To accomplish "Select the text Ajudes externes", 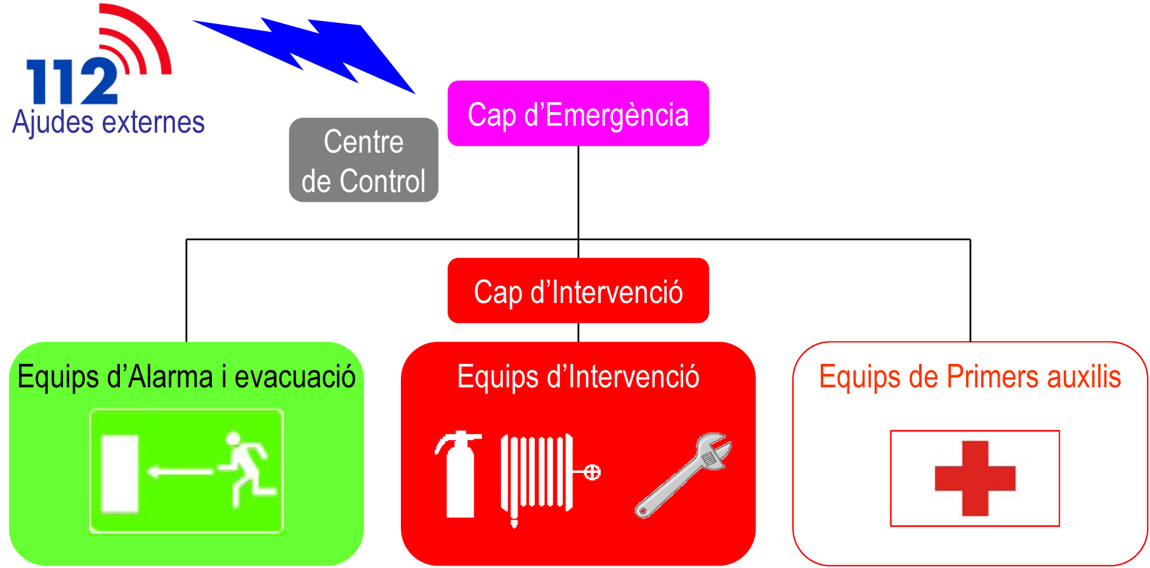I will pos(108,122).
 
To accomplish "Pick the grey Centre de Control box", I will pos(363,160).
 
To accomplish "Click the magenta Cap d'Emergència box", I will pos(578,113).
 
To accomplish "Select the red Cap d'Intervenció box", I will pos(578,291).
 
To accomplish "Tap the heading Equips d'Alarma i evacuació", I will pos(186,377).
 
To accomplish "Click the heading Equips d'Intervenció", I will pos(578,377).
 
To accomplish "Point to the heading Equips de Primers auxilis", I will pos(970,377).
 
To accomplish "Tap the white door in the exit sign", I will pos(120,473).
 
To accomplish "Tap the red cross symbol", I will pos(975,478).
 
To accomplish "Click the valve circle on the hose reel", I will pos(592,472).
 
